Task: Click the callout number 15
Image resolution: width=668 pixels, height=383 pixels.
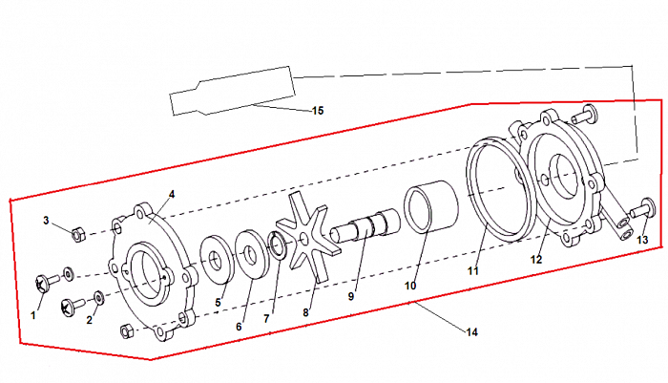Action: (318, 111)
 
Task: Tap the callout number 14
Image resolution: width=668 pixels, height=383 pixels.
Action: (470, 331)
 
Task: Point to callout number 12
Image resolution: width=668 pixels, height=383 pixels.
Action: (536, 259)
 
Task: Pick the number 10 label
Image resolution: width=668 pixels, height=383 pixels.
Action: (411, 285)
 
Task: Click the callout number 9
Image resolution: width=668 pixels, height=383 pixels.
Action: (351, 297)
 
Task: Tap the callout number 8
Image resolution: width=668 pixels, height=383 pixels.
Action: (306, 311)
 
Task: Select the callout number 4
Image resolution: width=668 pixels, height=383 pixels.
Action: (172, 194)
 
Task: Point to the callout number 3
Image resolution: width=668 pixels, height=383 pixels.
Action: (46, 221)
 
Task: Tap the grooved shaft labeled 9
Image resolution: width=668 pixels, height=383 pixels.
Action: (364, 230)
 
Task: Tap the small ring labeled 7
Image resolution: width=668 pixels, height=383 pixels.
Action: (278, 247)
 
